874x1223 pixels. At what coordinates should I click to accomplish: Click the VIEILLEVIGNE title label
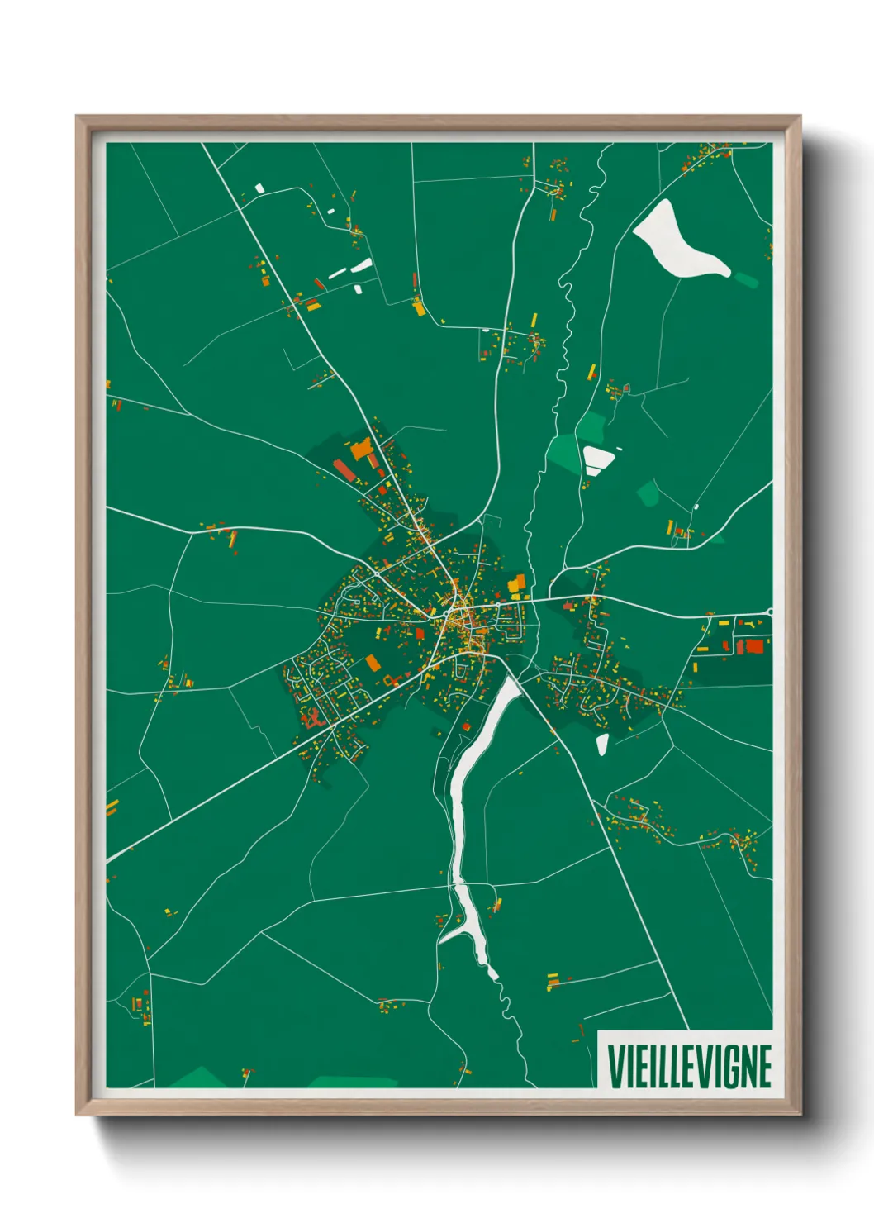[x=688, y=1066]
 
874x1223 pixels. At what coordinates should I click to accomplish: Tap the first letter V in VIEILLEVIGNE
[x=615, y=1067]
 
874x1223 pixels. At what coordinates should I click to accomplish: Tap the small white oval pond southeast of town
[x=602, y=745]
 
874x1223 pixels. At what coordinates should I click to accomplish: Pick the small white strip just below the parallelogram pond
[x=594, y=472]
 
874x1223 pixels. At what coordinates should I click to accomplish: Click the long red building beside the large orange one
[x=344, y=470]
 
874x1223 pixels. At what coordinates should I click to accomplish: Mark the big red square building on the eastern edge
[x=753, y=645]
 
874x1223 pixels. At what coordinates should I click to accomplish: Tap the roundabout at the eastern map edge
[x=770, y=611]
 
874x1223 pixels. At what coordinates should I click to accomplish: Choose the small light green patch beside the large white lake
[x=746, y=279]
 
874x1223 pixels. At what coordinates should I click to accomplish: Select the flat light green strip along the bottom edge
[x=353, y=1081]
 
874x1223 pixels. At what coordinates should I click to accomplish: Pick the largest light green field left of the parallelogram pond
[x=564, y=453]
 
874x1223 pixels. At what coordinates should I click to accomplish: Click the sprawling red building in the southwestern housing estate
[x=311, y=717]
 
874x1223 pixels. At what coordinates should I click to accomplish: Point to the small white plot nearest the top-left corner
[x=259, y=188]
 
